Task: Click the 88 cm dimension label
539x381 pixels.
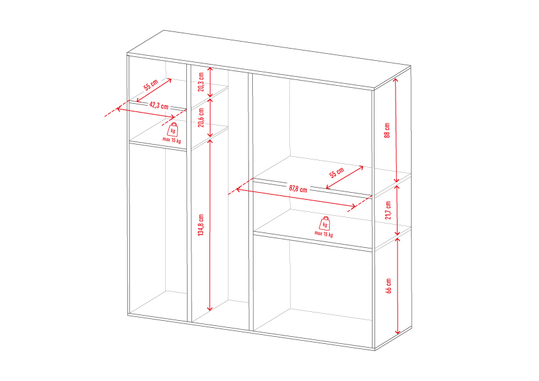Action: click(x=387, y=131)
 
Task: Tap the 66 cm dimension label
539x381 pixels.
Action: click(x=389, y=286)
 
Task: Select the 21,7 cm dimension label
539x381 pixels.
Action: click(x=388, y=211)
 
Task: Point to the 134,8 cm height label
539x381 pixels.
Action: click(x=201, y=225)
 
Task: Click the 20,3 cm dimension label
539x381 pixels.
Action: click(x=201, y=82)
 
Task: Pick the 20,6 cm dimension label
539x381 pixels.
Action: click(x=201, y=118)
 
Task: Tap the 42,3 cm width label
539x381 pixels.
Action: click(x=159, y=105)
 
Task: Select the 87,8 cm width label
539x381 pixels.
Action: click(x=298, y=189)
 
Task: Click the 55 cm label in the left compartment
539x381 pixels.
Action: click(x=151, y=85)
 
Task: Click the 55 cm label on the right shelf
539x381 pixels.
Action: click(x=337, y=173)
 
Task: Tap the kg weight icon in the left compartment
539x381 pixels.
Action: click(x=173, y=129)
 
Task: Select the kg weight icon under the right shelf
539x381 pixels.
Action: click(x=325, y=223)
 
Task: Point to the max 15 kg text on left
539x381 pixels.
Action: click(x=172, y=140)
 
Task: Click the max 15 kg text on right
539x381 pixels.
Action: click(x=324, y=234)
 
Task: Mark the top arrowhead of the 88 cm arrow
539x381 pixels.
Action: click(x=396, y=79)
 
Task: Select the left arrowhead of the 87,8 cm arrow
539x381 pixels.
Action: click(x=238, y=189)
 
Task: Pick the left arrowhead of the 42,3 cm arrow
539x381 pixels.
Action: click(x=118, y=109)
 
